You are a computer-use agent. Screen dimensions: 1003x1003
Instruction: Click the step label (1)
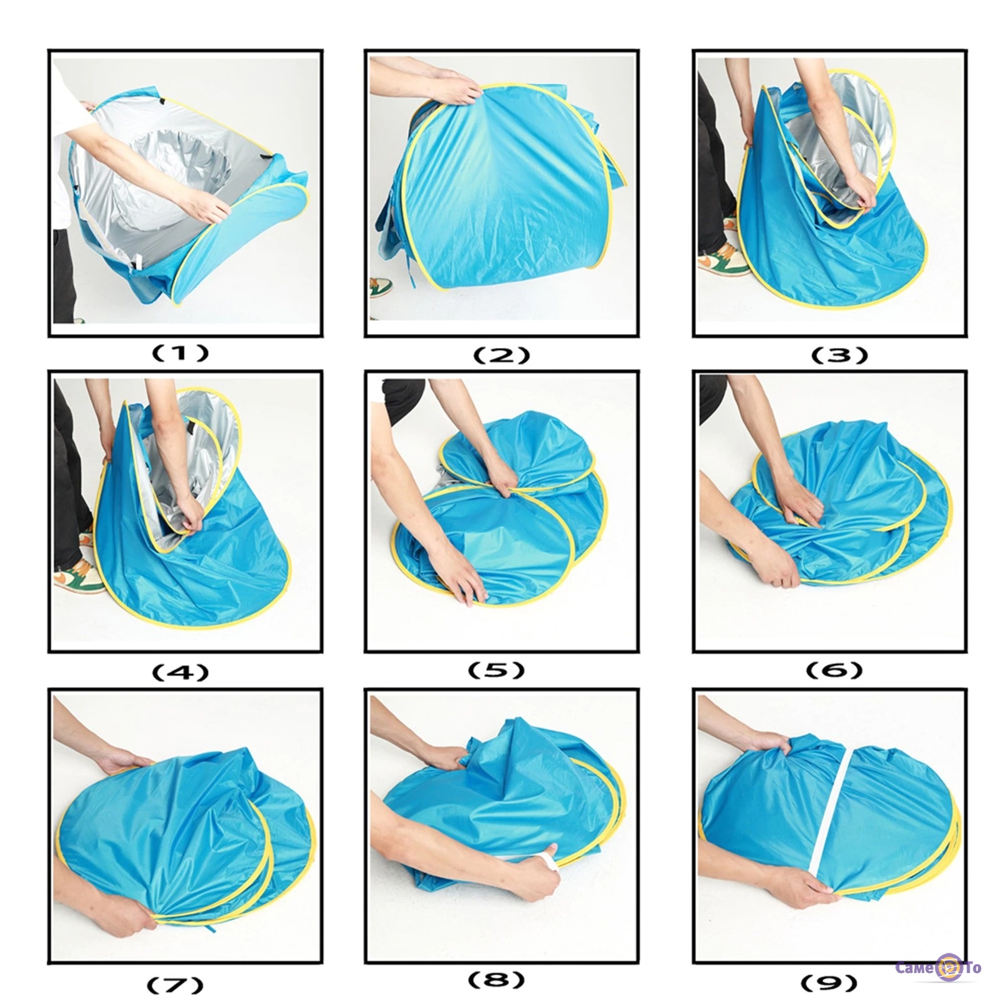[x=181, y=354]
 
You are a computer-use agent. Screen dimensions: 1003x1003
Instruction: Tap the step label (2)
[x=501, y=355]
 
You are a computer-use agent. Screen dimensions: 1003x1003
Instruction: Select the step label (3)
[x=839, y=355]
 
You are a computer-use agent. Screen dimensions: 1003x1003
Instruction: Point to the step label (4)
[x=181, y=673]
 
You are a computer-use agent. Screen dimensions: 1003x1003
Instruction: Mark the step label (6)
[x=834, y=670]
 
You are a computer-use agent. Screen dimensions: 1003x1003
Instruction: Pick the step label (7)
[x=175, y=985]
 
